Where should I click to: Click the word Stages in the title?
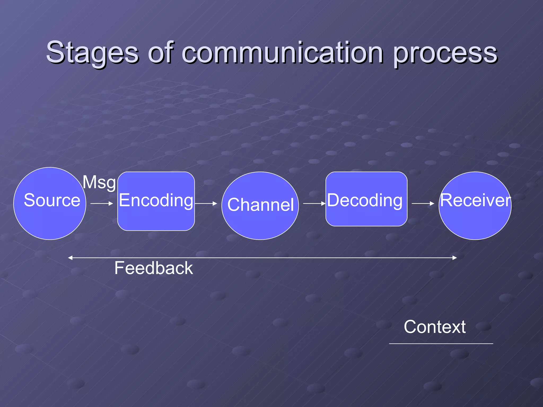92,53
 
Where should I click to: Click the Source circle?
50,203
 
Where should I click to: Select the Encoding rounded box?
156,201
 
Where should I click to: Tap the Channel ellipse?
260,205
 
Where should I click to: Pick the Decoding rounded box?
366,199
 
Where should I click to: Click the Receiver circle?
475,205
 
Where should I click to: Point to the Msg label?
99,182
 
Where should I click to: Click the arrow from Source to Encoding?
102,203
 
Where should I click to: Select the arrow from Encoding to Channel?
206,203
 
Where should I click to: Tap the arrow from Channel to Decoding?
314,203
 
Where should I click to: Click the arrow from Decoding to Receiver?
423,203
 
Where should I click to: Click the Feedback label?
154,268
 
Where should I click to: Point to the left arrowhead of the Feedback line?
70,258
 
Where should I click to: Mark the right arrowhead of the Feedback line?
455,258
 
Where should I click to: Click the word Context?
435,327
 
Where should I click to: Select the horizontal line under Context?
441,344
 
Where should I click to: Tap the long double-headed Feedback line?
262,258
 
